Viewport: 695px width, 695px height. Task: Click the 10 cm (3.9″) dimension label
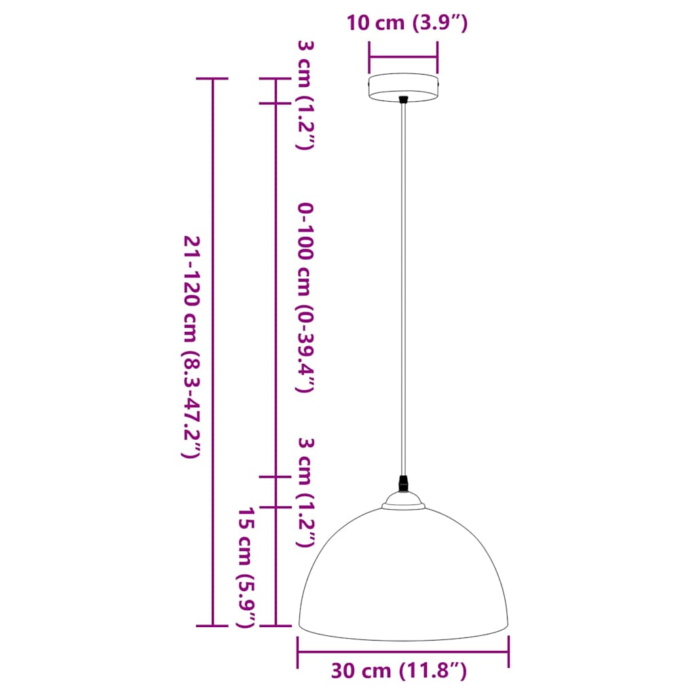coord(407,24)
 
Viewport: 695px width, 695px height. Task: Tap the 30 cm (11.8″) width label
coord(399,671)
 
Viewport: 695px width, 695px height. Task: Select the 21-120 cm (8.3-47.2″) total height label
coord(192,347)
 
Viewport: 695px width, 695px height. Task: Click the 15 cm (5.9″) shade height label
coord(247,567)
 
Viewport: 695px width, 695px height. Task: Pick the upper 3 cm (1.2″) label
coord(305,95)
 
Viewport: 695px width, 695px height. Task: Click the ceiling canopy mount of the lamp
coord(403,87)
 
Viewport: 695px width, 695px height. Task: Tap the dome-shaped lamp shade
coord(403,577)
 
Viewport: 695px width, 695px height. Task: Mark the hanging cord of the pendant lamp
coord(404,285)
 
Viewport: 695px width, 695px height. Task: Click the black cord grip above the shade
coord(404,483)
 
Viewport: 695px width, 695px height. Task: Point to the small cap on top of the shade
coord(404,501)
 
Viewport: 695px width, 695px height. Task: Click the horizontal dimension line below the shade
coord(403,653)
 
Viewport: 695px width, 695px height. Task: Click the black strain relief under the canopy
coord(404,100)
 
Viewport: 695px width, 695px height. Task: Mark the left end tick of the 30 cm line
coord(298,653)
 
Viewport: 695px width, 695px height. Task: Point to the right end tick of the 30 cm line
coord(509,653)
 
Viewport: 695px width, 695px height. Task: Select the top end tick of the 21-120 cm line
coord(212,79)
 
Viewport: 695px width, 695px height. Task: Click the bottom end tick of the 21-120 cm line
coord(212,625)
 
